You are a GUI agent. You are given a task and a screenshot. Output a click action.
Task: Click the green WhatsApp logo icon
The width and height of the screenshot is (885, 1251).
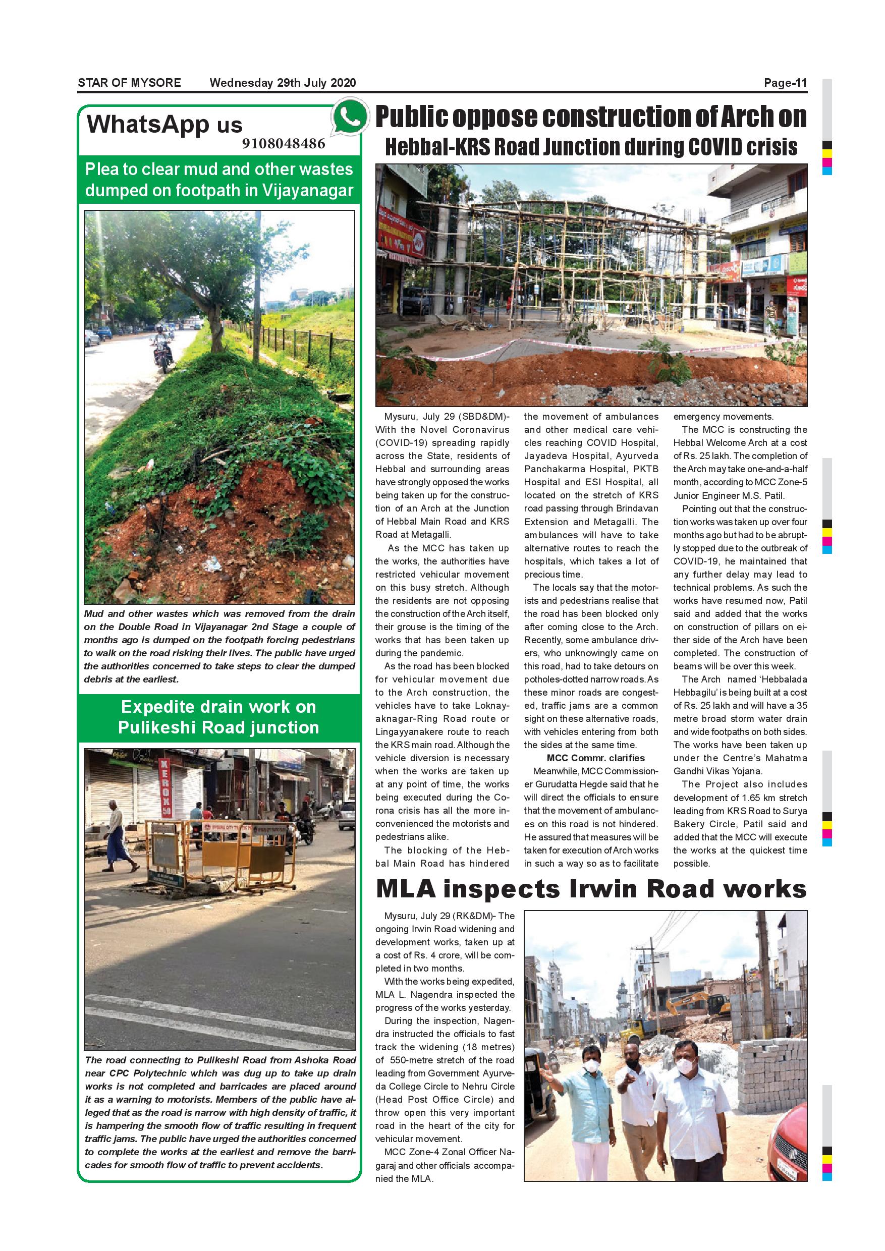350,116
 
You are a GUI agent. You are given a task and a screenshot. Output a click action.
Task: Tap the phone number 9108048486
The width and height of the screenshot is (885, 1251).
284,143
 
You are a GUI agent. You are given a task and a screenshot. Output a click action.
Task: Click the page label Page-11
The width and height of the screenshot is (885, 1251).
785,83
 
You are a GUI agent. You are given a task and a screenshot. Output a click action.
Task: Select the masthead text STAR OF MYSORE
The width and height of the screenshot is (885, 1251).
129,83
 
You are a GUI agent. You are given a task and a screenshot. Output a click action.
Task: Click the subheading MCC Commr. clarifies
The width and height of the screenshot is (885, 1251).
595,758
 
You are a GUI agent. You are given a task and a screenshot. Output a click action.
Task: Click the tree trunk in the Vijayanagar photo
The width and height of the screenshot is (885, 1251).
217,327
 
